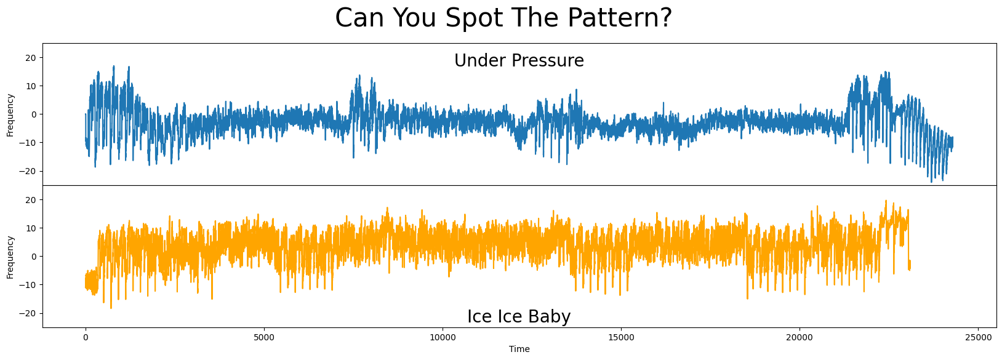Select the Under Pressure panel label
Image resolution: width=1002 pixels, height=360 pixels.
pyautogui.click(x=519, y=61)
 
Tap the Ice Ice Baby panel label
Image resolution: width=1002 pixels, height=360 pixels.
pyautogui.click(x=519, y=316)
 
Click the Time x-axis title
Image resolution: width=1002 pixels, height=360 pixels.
pyautogui.click(x=519, y=350)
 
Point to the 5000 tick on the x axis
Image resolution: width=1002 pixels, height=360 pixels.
pyautogui.click(x=264, y=337)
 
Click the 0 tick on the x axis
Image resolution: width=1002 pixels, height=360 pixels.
pyautogui.click(x=86, y=337)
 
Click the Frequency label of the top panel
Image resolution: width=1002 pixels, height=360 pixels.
pyautogui.click(x=10, y=114)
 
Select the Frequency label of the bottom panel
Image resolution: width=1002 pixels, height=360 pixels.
pyautogui.click(x=10, y=257)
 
